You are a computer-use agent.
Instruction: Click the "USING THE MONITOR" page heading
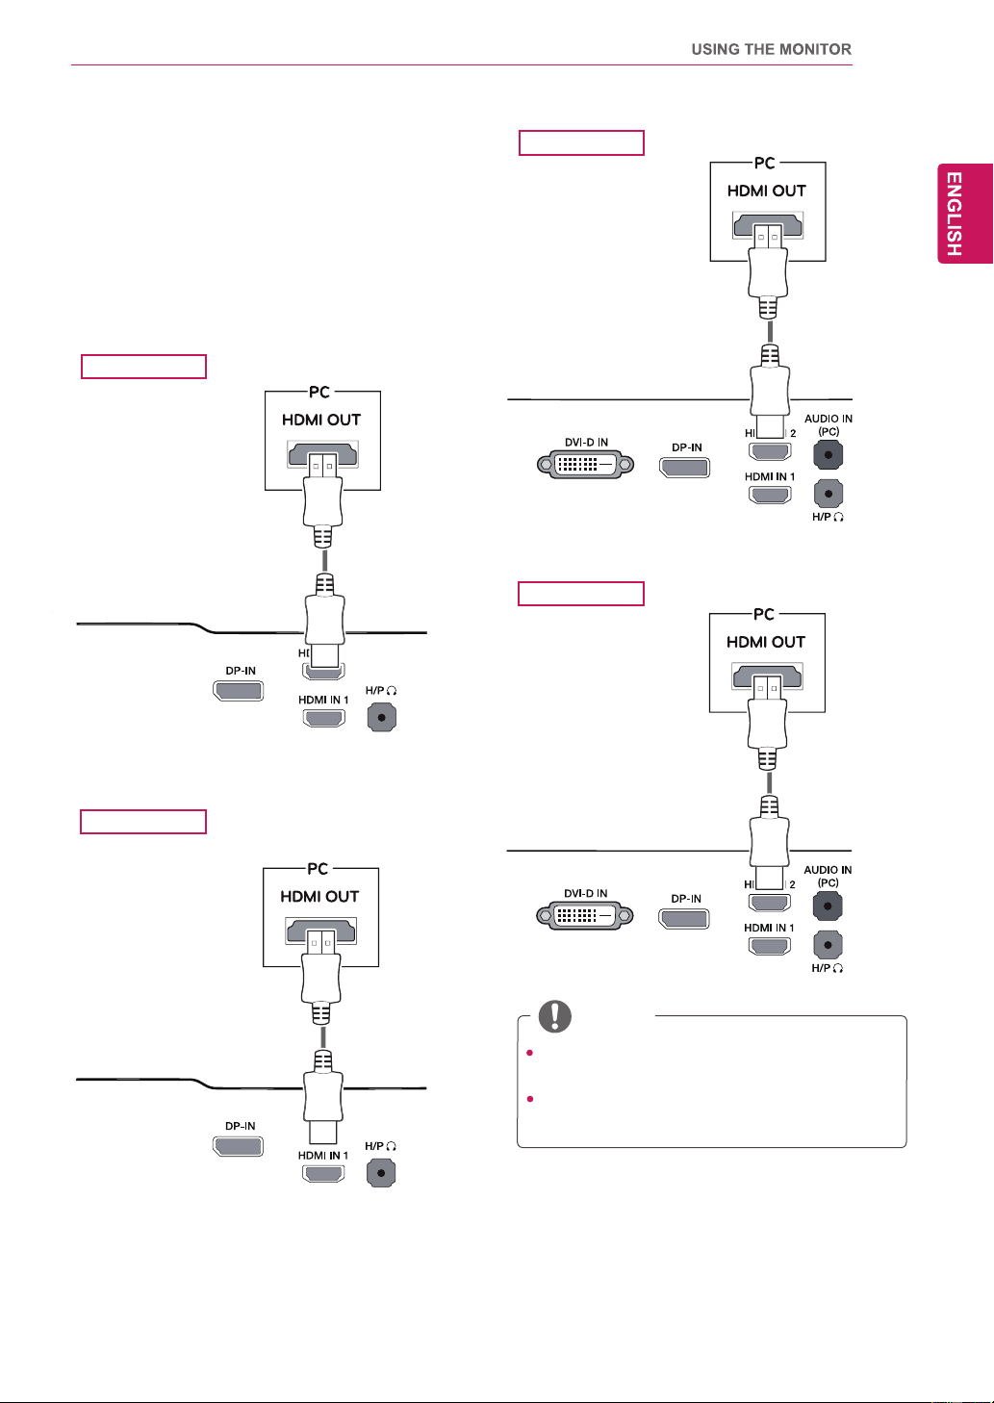tap(771, 49)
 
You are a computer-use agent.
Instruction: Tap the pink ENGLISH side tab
tap(965, 214)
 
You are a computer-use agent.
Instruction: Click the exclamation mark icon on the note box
tap(555, 1016)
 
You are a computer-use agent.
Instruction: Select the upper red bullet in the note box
tap(530, 1053)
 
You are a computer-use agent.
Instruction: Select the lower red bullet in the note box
tap(530, 1099)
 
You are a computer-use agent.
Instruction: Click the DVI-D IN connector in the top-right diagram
tap(586, 464)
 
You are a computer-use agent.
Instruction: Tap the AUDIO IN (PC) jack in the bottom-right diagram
tap(828, 906)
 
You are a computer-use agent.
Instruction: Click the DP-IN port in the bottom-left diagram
tap(238, 1146)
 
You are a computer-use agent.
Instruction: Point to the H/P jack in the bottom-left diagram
tap(381, 1172)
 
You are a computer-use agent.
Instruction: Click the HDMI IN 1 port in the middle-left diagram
tap(324, 718)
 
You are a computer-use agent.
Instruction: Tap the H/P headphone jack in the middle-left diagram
tap(382, 717)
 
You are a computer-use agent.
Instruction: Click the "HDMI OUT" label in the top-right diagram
tap(767, 191)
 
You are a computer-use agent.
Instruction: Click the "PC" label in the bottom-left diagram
tap(318, 869)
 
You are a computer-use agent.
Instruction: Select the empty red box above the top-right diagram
tap(581, 142)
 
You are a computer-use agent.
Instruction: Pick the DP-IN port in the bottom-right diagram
tap(684, 919)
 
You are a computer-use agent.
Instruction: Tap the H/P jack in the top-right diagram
tap(828, 494)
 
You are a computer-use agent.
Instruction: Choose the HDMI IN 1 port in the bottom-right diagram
tap(770, 946)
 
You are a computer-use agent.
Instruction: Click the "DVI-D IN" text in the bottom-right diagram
tap(586, 893)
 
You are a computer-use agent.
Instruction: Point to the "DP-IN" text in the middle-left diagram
tap(241, 671)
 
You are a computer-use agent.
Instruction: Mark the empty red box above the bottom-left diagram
tap(143, 822)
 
